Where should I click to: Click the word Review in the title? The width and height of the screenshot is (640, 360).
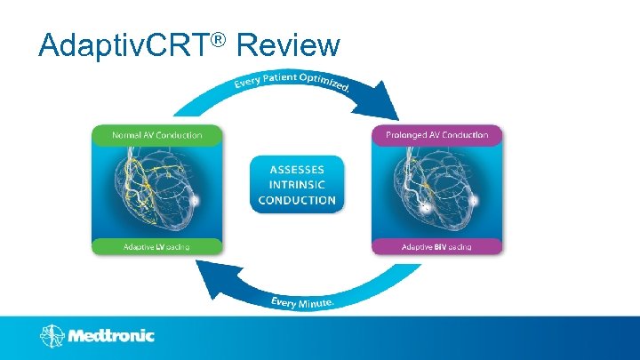290,44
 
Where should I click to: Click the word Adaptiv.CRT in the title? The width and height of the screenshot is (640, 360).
124,44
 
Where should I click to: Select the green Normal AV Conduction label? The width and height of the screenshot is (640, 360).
156,135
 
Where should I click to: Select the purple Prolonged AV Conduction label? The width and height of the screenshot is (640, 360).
436,135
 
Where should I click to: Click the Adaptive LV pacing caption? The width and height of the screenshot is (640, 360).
156,245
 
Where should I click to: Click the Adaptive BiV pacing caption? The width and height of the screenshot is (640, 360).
436,245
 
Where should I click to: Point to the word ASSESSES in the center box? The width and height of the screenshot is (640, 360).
297,169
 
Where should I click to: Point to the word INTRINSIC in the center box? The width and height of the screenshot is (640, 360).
297,184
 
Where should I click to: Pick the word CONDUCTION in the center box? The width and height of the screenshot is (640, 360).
297,200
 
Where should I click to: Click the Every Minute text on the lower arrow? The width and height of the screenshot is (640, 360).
303,303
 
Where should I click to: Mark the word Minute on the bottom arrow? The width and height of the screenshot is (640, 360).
315,303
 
